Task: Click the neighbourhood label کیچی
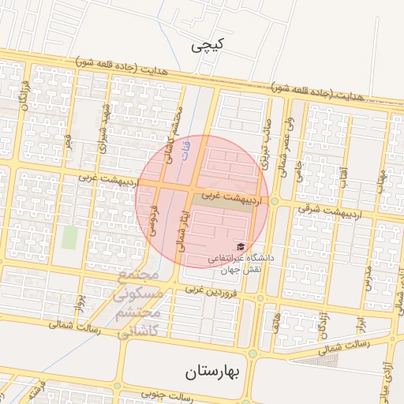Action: (x=208, y=47)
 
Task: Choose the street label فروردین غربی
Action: (x=211, y=292)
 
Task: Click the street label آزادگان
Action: (x=324, y=325)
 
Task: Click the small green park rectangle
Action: (x=71, y=238)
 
